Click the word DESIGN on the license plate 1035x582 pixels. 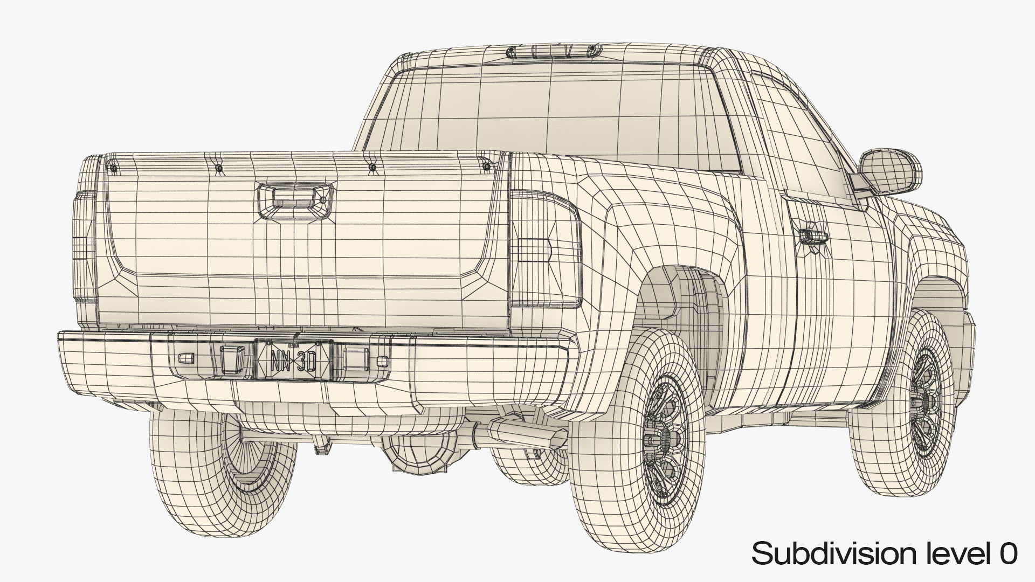(293, 345)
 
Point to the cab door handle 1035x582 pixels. (813, 235)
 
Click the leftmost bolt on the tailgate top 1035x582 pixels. (113, 169)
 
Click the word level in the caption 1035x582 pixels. (954, 555)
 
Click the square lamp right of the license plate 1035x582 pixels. (354, 358)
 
